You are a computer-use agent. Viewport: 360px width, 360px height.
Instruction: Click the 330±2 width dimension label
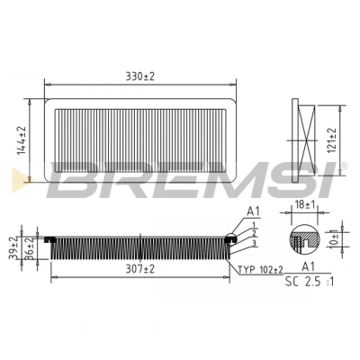pos(139,76)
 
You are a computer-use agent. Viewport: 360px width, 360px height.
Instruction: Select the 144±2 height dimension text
pos(22,140)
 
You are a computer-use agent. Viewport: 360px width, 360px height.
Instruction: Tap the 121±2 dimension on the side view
pos(332,140)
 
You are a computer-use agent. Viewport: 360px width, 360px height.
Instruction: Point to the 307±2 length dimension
pos(139,269)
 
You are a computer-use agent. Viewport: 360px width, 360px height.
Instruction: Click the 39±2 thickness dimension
pos(13,248)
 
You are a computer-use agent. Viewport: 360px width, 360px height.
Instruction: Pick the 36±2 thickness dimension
pos(29,248)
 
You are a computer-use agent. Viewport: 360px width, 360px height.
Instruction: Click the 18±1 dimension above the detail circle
pos(304,205)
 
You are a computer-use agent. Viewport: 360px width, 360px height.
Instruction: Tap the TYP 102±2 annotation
pos(260,270)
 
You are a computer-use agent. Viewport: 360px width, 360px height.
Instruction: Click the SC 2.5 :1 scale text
pos(310,282)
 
